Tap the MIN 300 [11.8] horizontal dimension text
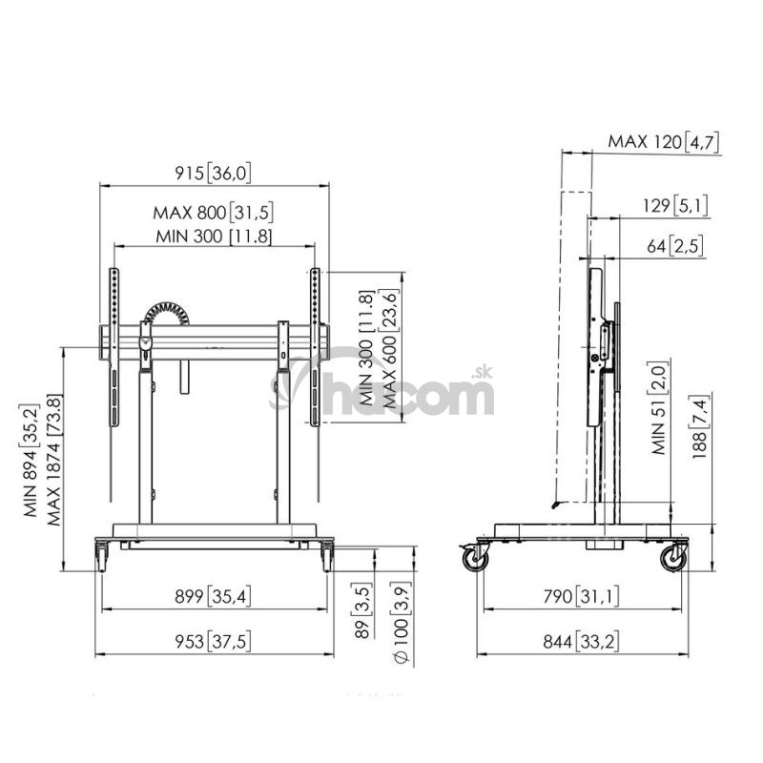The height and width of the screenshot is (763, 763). tap(214, 237)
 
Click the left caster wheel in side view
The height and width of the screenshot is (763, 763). tap(475, 559)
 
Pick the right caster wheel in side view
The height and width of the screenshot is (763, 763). tap(673, 559)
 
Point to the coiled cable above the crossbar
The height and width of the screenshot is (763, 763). tap(165, 313)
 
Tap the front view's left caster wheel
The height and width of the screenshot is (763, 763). tap(101, 557)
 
